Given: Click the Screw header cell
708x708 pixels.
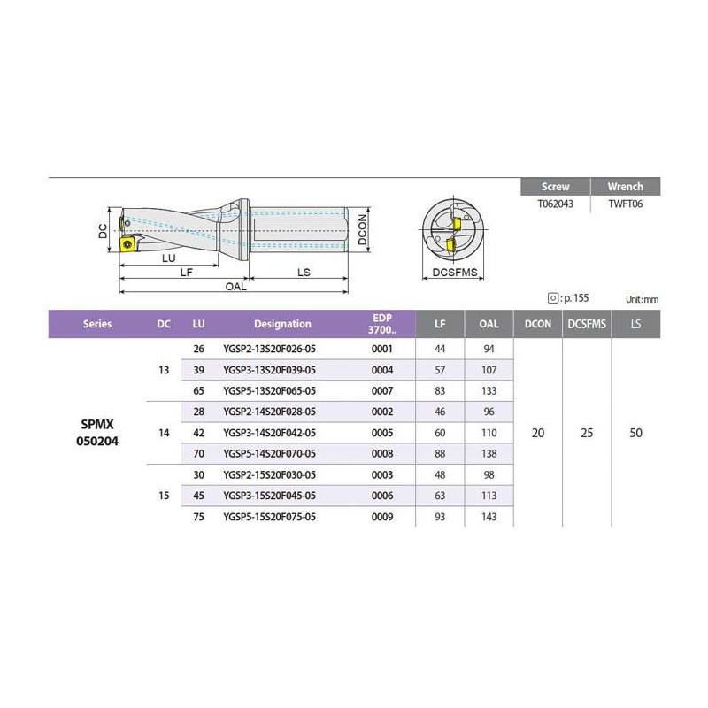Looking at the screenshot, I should (556, 187).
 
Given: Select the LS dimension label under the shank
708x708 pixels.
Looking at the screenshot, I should (304, 273).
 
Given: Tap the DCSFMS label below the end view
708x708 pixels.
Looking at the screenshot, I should (456, 273).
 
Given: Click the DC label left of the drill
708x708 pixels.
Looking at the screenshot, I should (104, 232).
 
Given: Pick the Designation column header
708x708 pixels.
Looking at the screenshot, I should (282, 324).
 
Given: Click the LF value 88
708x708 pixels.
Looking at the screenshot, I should (440, 453).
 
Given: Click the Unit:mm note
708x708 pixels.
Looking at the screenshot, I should (643, 300).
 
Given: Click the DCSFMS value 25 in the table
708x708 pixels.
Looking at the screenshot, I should (587, 433).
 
